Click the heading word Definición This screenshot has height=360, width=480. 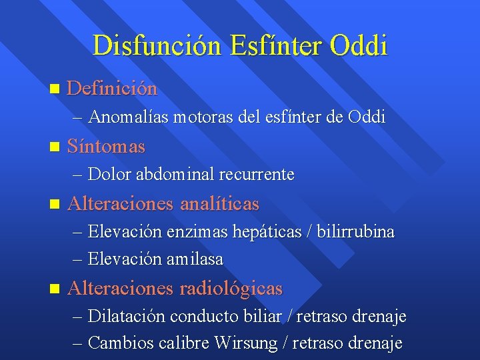click(112, 88)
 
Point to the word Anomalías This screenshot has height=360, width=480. click(128, 117)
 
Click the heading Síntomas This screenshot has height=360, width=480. click(106, 145)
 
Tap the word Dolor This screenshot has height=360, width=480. click(109, 175)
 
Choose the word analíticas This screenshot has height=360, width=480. click(219, 203)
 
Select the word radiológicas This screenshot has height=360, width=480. click(231, 289)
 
